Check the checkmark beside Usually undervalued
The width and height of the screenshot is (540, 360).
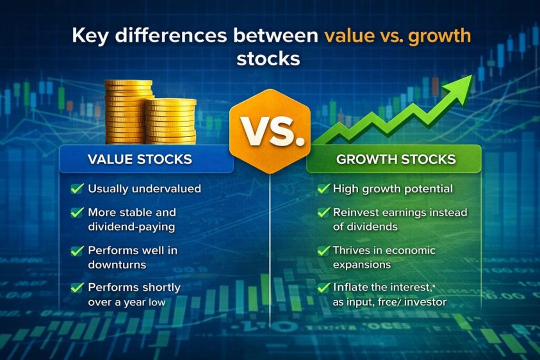pos(77,188)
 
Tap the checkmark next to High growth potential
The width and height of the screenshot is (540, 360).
pos(323,188)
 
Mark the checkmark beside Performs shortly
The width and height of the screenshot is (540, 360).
pos(77,287)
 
